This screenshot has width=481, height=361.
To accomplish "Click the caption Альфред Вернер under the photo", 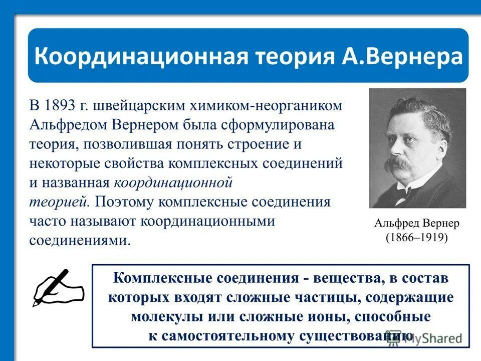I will point(417,223).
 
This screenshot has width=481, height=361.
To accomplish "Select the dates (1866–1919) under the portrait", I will point(417,237).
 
